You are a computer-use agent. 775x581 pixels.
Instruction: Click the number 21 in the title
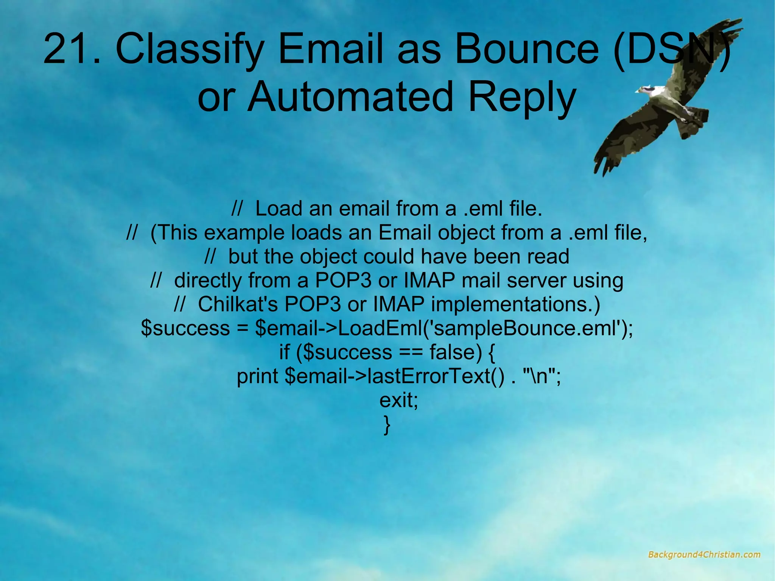67,49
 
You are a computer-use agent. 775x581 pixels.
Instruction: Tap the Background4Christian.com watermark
704,555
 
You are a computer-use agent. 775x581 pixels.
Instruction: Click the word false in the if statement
456,352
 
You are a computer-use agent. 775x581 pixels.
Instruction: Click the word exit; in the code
398,400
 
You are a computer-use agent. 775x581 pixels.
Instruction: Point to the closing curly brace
386,425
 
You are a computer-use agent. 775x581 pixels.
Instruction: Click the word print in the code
257,376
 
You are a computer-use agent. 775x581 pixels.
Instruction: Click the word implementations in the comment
511,304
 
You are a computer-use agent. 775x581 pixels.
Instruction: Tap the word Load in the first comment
279,209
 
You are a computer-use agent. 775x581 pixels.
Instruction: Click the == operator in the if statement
411,352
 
